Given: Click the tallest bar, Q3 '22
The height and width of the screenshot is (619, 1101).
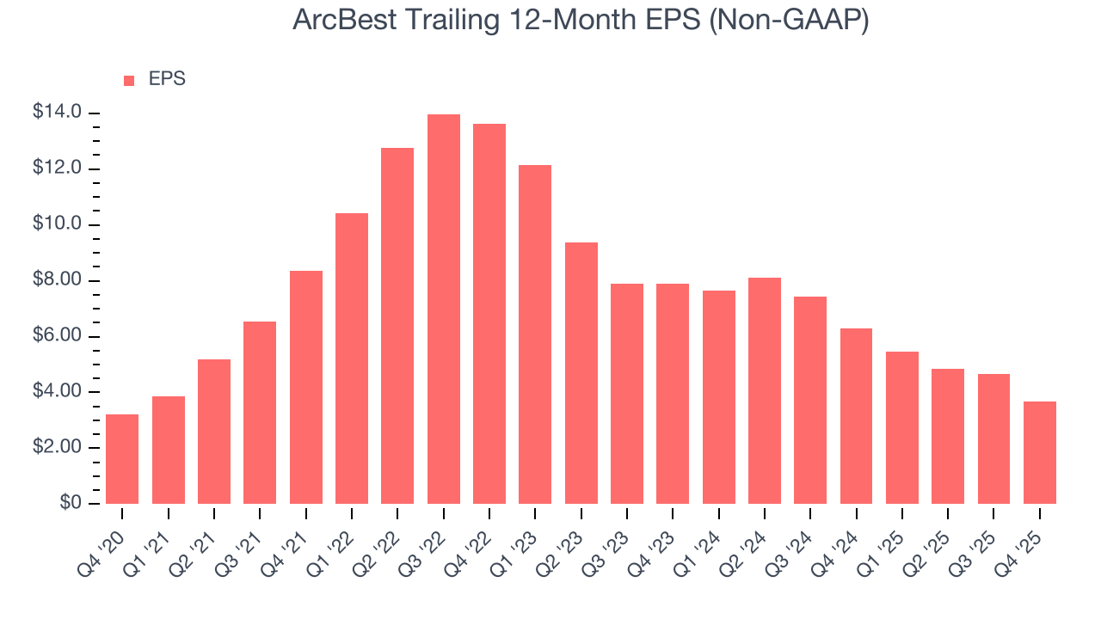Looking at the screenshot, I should (443, 309).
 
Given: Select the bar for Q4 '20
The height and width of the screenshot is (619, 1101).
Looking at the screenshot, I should (122, 459).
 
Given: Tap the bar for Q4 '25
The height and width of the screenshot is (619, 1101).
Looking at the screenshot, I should (1039, 452).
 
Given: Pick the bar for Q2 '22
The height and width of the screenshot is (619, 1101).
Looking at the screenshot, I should (397, 326).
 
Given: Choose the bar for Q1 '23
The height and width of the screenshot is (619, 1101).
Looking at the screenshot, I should (535, 334).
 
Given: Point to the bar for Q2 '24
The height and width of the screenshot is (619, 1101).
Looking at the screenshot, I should (764, 390).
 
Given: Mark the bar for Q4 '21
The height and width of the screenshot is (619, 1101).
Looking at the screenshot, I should (305, 387).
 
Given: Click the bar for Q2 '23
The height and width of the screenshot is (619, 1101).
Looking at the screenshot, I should (581, 373).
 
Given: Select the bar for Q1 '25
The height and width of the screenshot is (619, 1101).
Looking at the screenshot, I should (901, 427).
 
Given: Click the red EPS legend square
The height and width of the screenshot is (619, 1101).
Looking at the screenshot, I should (129, 80).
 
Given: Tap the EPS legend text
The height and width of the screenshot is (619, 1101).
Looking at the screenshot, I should (167, 79).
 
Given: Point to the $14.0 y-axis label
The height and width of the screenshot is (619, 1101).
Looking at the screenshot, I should (58, 113).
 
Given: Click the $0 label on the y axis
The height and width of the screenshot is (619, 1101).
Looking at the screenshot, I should (71, 504).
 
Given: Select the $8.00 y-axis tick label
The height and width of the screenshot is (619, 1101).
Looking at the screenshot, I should (58, 280).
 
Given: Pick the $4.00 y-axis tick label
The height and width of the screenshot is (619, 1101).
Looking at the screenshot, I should (58, 392).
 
